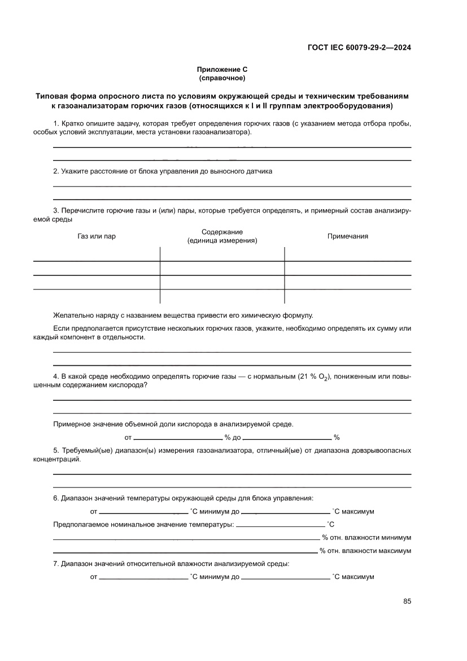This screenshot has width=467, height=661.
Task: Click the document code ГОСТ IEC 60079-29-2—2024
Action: [359, 48]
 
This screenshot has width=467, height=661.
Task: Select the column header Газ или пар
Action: [97, 236]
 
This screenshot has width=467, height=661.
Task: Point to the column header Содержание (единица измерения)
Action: [222, 236]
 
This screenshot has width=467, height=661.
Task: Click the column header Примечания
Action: [348, 236]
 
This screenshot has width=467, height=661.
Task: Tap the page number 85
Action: [407, 601]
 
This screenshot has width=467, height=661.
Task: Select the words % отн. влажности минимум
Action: [366, 538]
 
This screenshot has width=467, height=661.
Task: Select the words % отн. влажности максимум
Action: [365, 551]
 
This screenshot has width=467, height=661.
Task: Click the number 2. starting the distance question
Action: [56, 171]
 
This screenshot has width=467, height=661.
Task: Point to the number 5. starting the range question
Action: [56, 451]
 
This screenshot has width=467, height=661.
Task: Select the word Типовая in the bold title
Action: [51, 96]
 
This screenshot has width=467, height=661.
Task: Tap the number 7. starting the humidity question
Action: [56, 564]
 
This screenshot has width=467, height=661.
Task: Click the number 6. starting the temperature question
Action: [56, 498]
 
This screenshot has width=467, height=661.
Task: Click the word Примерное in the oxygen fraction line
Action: [72, 424]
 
